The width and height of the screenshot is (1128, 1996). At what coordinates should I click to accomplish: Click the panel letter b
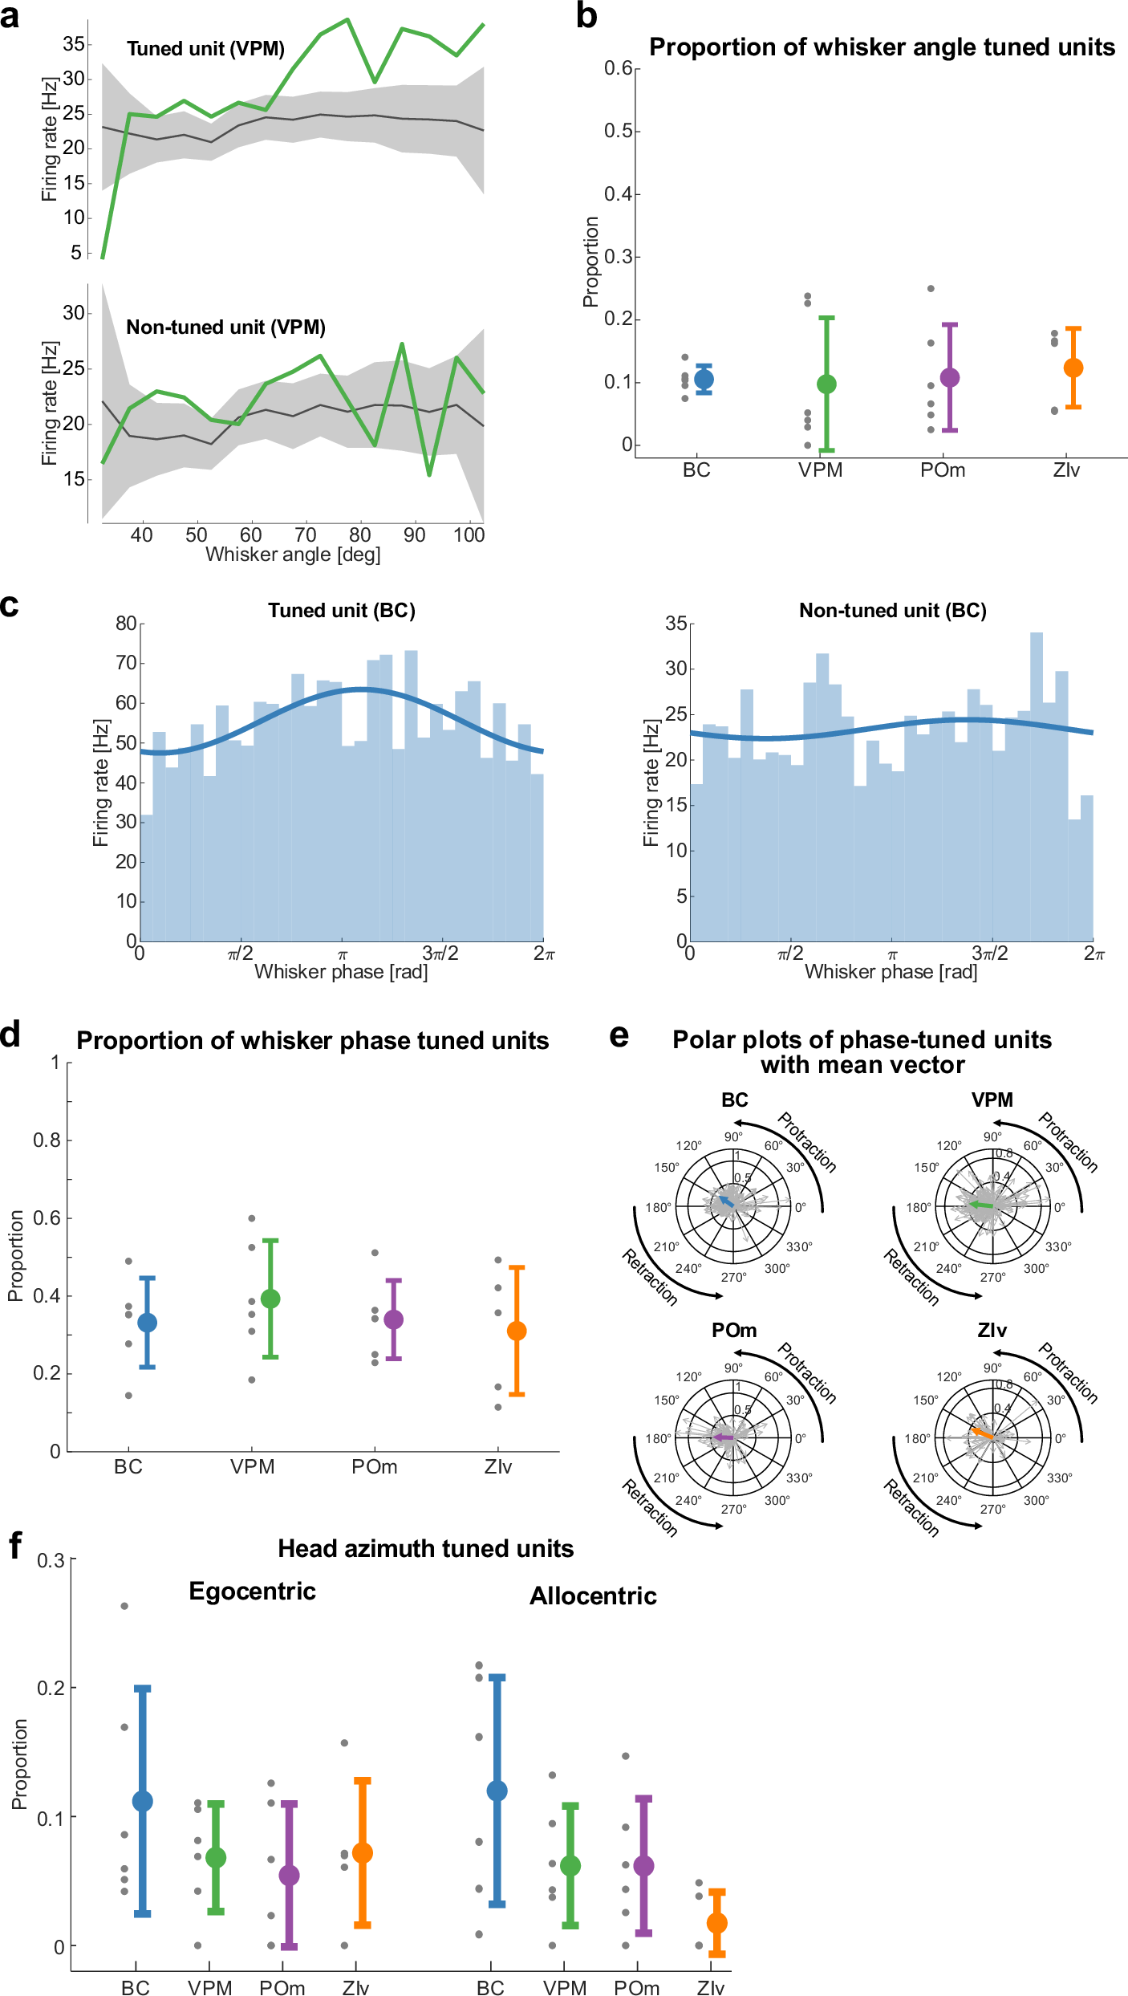click(586, 17)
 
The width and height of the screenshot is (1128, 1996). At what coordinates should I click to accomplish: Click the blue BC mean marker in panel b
click(704, 380)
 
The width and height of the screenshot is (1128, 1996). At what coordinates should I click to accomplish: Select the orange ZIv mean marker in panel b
click(1073, 368)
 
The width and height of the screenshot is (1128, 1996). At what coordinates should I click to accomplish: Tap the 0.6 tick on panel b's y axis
click(619, 68)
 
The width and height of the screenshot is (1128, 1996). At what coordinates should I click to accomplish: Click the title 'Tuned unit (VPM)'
click(205, 49)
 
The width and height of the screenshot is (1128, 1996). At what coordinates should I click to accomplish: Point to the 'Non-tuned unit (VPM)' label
click(225, 327)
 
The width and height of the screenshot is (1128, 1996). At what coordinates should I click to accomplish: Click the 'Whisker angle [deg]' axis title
click(293, 555)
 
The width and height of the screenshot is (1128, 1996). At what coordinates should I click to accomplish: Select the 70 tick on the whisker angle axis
click(305, 535)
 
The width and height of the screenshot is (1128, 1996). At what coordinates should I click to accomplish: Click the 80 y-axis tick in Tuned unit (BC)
click(126, 624)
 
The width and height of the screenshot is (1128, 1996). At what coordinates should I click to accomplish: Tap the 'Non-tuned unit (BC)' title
click(892, 611)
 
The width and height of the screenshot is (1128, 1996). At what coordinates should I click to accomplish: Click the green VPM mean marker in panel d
click(270, 1299)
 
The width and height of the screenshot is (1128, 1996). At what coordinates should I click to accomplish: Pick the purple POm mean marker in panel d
click(393, 1319)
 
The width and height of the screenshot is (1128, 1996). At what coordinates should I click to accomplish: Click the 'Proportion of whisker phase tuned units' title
click(312, 1041)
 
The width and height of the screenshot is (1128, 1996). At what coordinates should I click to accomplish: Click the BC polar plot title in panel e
click(734, 1100)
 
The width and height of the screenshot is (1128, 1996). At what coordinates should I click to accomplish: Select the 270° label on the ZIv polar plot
click(992, 1509)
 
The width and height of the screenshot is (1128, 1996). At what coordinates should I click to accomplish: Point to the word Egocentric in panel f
click(252, 1592)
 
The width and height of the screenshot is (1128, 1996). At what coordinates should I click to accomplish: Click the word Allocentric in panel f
click(593, 1596)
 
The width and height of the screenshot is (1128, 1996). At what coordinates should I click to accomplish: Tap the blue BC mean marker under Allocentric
click(497, 1791)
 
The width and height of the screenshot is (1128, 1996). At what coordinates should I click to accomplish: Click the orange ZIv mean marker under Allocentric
click(716, 1923)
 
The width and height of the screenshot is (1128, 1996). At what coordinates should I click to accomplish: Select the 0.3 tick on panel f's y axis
click(51, 1561)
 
